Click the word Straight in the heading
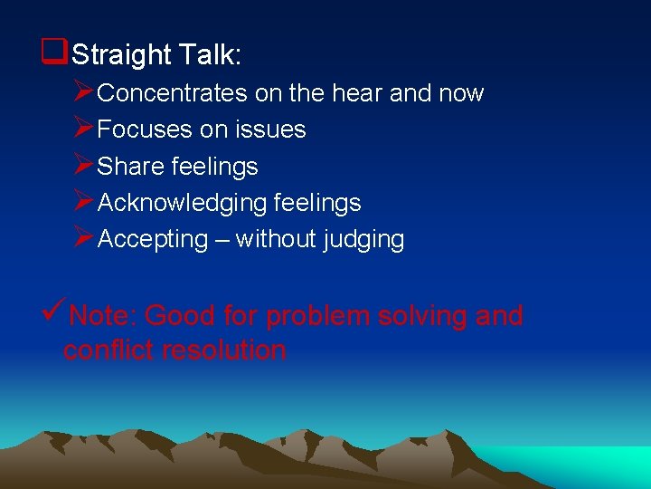119,55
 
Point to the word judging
363,239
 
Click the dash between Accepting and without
222,240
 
